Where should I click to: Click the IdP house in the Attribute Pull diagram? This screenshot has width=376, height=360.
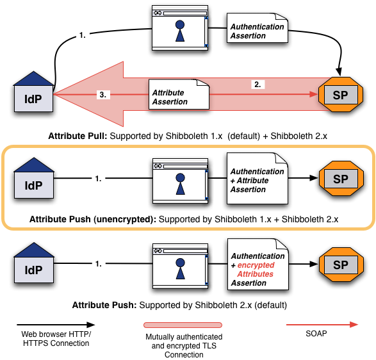33,92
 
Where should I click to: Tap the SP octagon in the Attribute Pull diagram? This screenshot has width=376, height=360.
341,95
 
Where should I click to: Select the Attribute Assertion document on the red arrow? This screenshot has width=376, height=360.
179,94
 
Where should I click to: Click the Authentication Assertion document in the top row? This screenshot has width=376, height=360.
257,28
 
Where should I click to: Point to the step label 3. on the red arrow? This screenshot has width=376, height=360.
103,95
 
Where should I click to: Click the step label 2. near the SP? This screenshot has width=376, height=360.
257,85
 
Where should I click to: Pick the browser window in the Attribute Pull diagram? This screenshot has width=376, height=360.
180,28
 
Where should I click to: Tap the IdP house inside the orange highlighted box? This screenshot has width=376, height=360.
34,178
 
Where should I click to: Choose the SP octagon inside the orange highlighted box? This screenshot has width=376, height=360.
341,179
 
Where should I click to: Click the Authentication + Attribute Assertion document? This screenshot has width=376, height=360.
257,179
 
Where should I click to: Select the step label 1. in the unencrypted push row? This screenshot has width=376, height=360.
98,179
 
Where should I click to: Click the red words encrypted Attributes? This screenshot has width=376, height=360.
256,270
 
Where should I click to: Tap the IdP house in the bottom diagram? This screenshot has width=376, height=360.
34,263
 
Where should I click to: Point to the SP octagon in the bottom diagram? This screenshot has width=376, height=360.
341,265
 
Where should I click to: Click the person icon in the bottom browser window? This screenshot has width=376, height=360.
181,268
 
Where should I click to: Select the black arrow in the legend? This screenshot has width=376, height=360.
56,325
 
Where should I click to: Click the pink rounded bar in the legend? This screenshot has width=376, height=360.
183,325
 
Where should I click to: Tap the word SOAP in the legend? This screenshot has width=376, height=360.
316,333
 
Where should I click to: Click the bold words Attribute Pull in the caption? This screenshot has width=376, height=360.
78,136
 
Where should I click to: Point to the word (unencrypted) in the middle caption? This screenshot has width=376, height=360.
125,219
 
